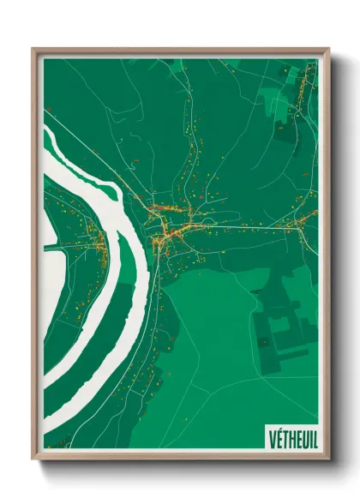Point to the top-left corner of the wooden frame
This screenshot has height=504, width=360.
[33, 49]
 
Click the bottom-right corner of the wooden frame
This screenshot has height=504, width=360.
[328, 459]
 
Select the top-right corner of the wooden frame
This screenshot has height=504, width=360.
[328, 49]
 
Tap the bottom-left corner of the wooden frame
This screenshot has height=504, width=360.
[33, 459]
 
